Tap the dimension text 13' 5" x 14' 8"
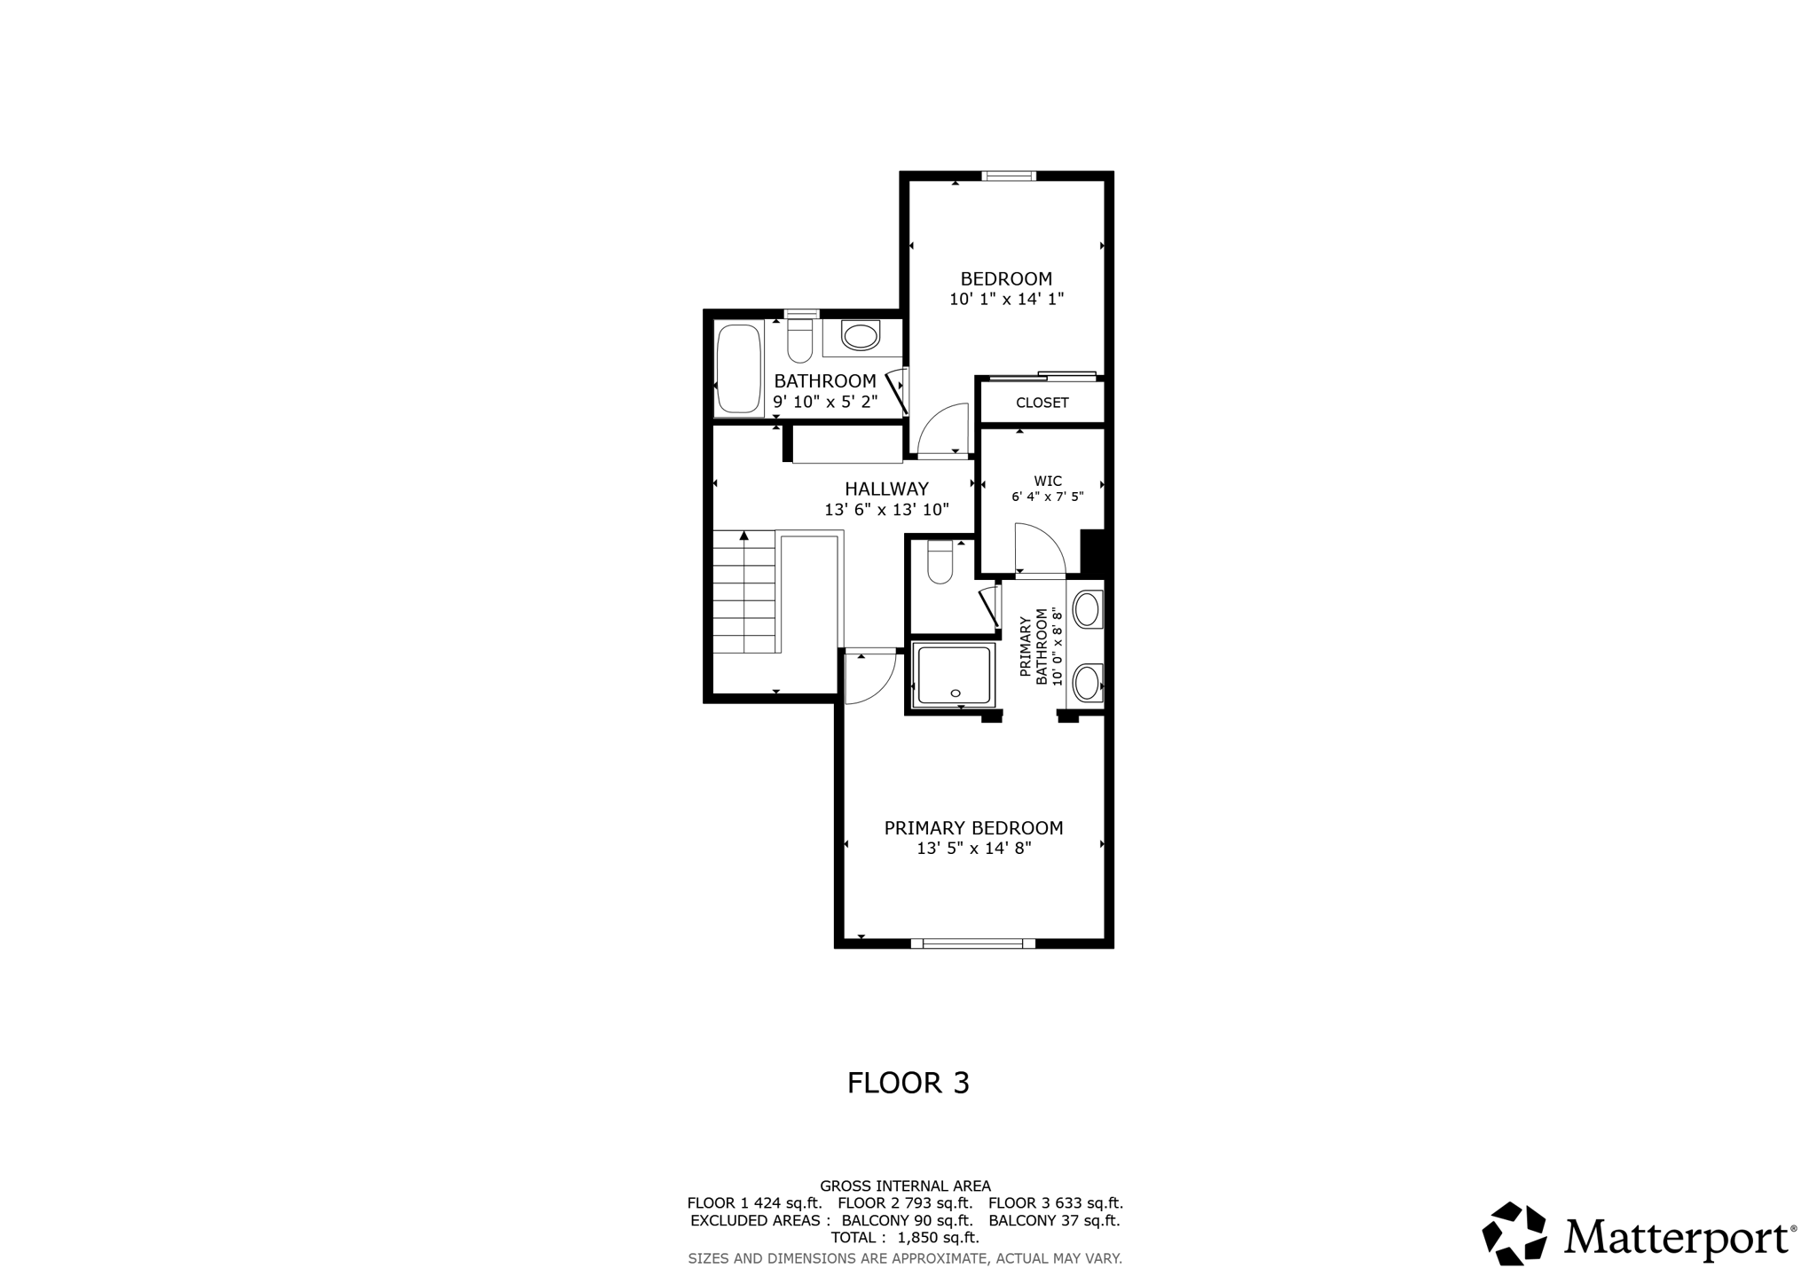point(973,849)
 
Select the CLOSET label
point(1042,403)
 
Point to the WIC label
point(1047,481)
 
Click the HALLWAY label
point(886,489)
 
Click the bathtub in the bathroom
point(738,368)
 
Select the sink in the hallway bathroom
point(860,336)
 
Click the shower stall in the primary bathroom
point(954,676)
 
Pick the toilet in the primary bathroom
point(940,563)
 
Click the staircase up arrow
point(744,536)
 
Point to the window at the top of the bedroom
point(1009,176)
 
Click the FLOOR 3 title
point(908,1083)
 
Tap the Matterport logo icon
point(1514,1233)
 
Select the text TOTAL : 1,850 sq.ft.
point(905,1238)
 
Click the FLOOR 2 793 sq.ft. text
point(905,1203)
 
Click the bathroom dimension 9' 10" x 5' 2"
point(825,402)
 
